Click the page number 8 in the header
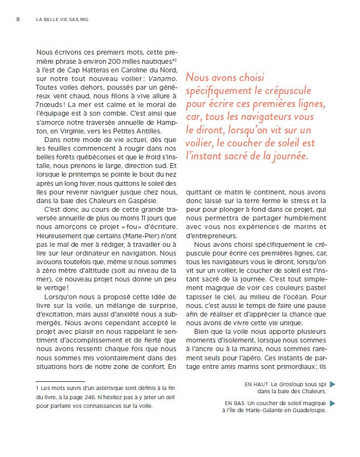click(x=18, y=19)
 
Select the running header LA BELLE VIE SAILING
click(x=62, y=19)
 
